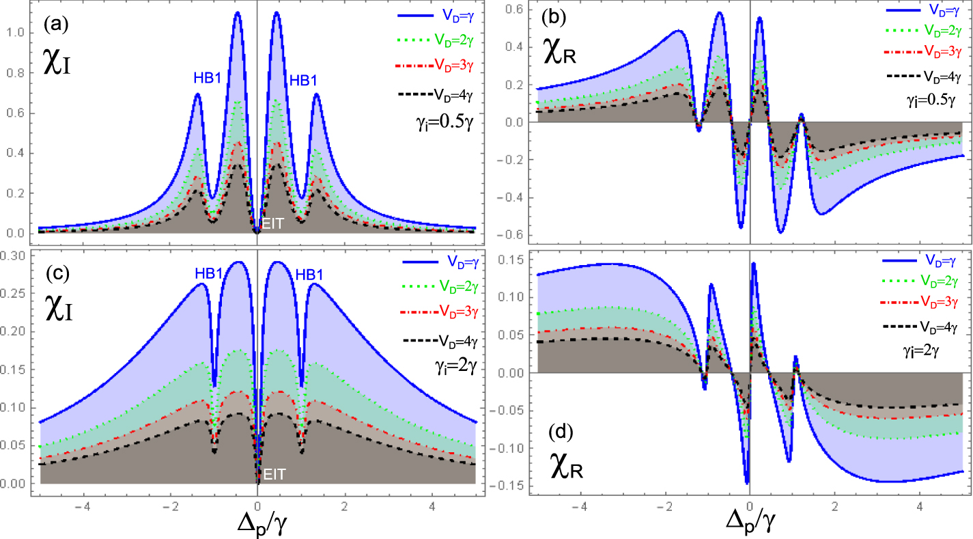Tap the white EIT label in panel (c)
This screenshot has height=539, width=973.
click(x=274, y=472)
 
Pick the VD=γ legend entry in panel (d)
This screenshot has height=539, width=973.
click(x=940, y=260)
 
